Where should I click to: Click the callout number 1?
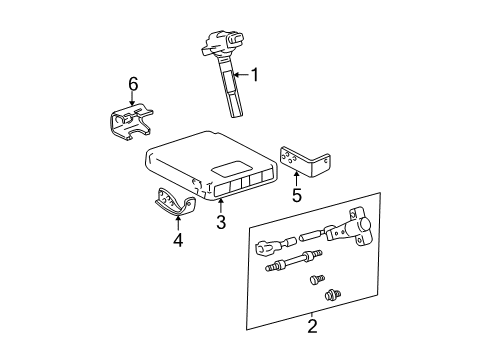click(254, 73)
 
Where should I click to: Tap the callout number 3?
click(221, 222)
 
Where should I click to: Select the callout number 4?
click(179, 240)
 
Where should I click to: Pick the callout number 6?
click(132, 84)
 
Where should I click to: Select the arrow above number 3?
click(220, 203)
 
